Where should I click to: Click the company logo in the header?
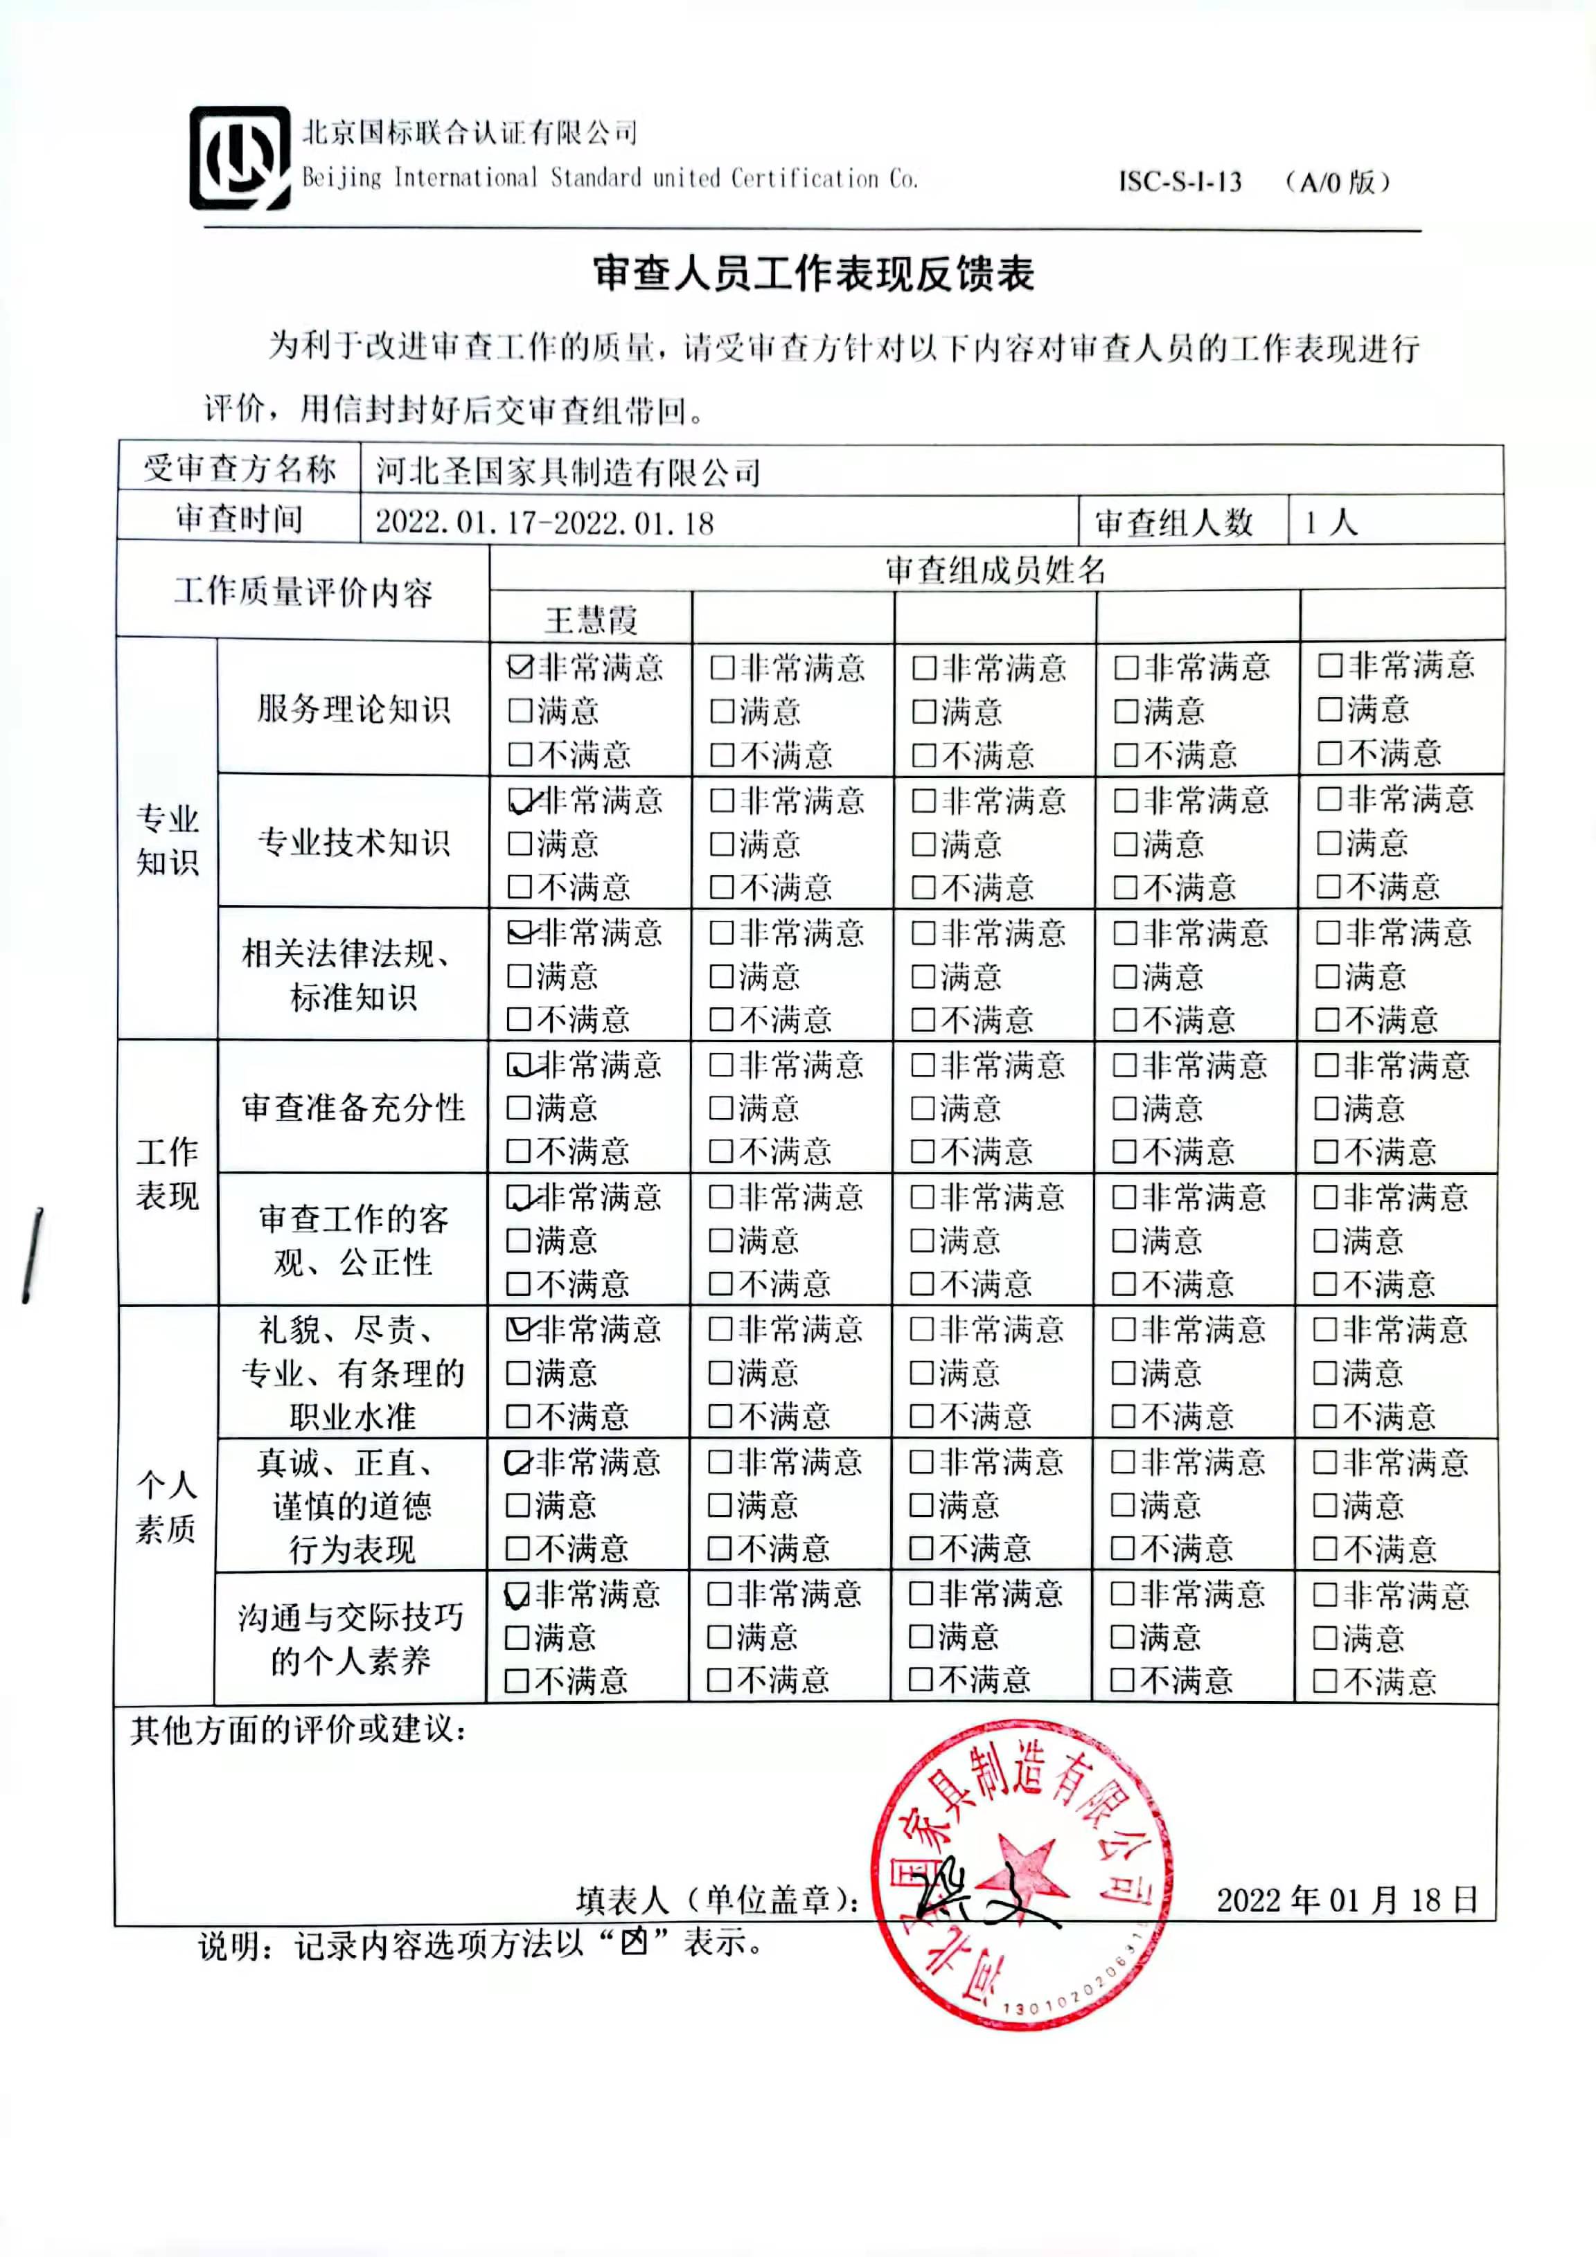coord(239,159)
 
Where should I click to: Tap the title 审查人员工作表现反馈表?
coord(813,274)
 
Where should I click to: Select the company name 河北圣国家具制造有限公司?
coord(569,472)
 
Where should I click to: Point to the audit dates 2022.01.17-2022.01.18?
coord(544,522)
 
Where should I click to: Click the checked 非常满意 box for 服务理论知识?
coord(520,667)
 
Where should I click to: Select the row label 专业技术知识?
coord(353,843)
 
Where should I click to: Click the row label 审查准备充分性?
coord(353,1108)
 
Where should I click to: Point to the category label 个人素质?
coord(166,1506)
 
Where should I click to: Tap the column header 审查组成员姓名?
coord(995,569)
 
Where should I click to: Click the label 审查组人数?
coord(1174,522)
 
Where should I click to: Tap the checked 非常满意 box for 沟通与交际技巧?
coord(517,1594)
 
